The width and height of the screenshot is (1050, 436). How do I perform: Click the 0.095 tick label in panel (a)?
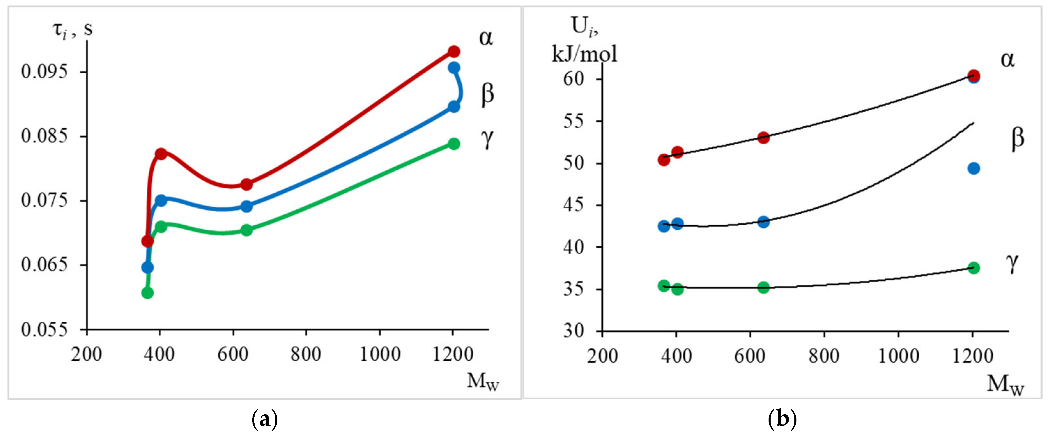[44, 72]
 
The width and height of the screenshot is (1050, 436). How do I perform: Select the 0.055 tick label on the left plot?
[44, 329]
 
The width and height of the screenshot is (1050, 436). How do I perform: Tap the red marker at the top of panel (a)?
[454, 52]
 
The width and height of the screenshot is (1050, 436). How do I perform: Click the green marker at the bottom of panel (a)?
[148, 293]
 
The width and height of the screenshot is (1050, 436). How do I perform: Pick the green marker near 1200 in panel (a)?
[454, 144]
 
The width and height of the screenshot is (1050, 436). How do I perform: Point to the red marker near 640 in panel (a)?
[246, 185]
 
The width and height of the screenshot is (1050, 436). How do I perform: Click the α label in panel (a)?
[485, 38]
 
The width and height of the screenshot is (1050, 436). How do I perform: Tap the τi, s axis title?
[73, 29]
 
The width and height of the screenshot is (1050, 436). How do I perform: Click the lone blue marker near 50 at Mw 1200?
[973, 168]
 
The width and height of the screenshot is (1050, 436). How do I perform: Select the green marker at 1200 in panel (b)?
[973, 268]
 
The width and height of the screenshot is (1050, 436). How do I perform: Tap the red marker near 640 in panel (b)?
[763, 137]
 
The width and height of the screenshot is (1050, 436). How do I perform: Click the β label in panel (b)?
[1017, 138]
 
